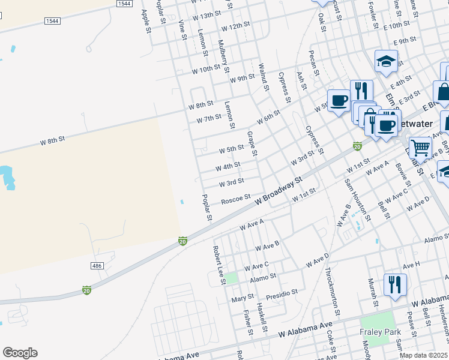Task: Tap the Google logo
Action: point(20,353)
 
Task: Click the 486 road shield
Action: point(97,265)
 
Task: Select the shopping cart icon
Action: point(420,146)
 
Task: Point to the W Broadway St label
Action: point(278,191)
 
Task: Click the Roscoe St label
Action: point(235,197)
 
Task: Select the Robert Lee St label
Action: point(218,264)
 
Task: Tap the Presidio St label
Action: point(282,293)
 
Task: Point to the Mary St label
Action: point(243,298)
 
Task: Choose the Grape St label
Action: point(252,144)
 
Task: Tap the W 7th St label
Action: point(209,119)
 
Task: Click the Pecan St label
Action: point(312,60)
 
